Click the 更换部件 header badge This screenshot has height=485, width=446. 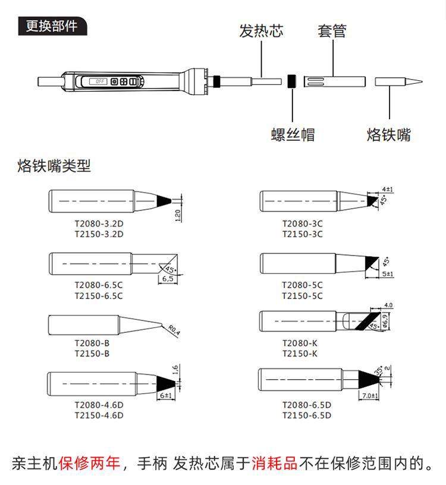(52, 27)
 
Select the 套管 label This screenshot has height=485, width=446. (332, 31)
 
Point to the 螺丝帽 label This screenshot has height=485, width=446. (293, 134)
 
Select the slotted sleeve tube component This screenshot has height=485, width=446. (334, 81)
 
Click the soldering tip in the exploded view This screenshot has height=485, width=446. (398, 81)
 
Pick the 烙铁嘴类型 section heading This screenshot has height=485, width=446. (54, 166)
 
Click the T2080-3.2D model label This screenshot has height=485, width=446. (99, 224)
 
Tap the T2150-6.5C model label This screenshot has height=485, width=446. (99, 295)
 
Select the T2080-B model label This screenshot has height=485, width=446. (92, 343)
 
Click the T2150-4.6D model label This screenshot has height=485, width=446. (99, 415)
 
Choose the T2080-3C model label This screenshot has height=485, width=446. (302, 224)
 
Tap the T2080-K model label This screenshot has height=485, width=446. (300, 343)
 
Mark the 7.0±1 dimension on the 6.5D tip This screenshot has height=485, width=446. (370, 395)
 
